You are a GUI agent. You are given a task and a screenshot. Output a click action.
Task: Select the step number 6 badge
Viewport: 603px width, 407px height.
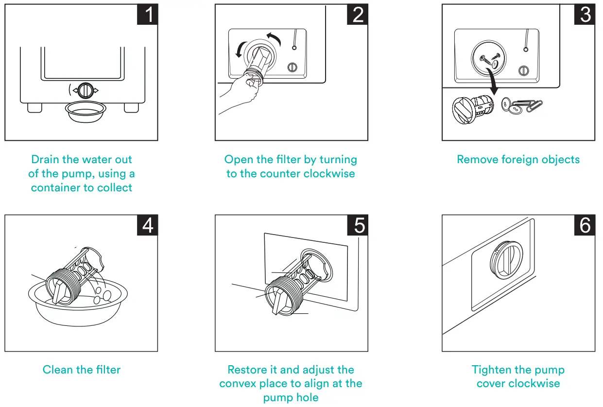585,225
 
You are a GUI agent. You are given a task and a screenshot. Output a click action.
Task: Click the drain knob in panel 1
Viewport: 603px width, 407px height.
86,91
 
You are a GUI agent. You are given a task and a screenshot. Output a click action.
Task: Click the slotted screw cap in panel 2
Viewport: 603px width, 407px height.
292,68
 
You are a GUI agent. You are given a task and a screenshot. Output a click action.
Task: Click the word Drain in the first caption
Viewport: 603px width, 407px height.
46,159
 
